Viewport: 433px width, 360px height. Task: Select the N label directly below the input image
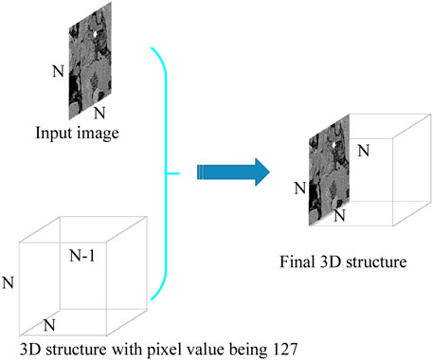(88, 114)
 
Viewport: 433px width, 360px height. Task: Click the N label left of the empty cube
(9, 281)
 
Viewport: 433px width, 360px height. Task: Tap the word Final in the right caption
(300, 259)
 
